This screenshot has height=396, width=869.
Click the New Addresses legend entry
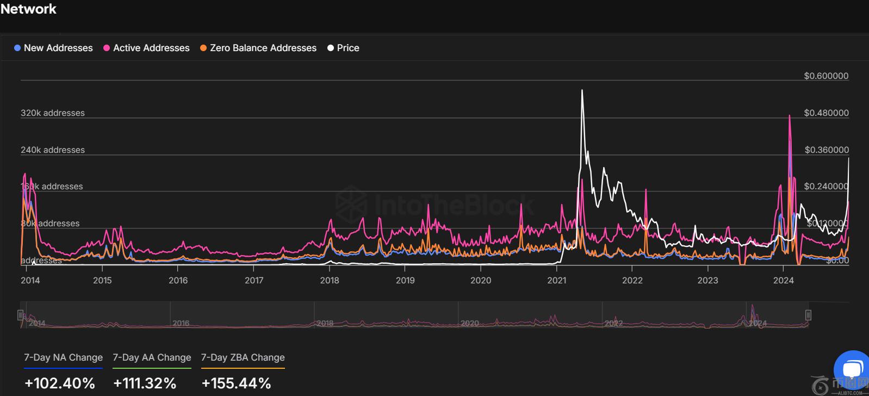58,48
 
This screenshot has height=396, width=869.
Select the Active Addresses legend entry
151,48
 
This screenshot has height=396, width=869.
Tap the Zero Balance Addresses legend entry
263,48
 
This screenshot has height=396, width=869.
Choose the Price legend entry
347,48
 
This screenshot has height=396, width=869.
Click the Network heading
28,9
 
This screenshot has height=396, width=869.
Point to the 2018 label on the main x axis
330,280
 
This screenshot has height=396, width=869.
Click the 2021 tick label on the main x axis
556,280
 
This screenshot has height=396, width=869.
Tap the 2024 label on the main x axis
784,280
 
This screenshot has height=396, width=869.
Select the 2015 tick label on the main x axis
102,280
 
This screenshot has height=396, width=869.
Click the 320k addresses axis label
53,113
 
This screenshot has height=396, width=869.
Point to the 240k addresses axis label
53,150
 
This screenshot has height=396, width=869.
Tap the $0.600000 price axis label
826,76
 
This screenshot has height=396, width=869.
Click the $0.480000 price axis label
826,113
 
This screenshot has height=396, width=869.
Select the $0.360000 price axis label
826,150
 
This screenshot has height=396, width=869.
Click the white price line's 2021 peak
582,91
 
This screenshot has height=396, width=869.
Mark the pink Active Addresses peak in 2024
789,116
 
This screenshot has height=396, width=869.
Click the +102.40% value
60,383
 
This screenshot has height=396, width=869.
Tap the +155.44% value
236,383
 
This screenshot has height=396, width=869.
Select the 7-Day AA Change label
152,357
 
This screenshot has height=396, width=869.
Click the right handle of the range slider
808,315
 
